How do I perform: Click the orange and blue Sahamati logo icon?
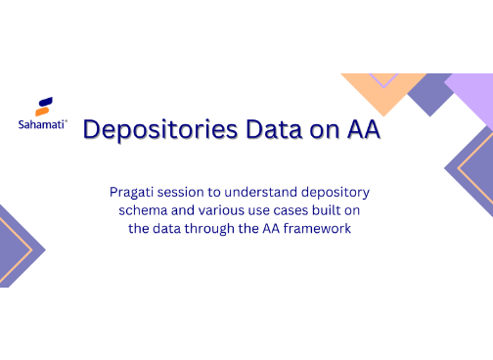[x=43, y=106]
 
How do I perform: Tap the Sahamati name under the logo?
[x=42, y=124]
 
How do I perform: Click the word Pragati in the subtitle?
[x=137, y=193]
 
